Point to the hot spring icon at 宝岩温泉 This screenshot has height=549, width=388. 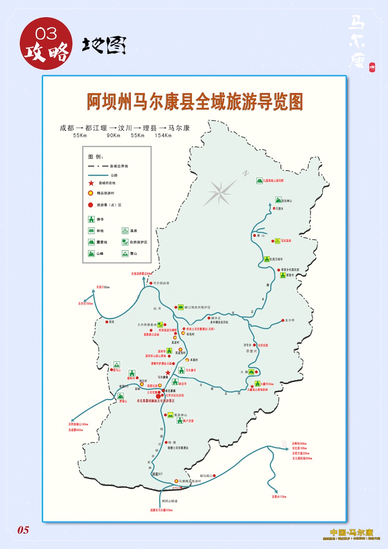point(278,241)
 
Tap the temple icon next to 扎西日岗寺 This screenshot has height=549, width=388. point(267,259)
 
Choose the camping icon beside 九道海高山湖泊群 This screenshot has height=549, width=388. point(260,180)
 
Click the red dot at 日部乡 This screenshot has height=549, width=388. point(274,208)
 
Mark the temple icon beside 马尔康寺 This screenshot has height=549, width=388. point(182,370)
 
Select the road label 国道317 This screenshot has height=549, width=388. point(157,474)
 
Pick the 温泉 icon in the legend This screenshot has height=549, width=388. point(125,231)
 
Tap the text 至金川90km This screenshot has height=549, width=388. point(103,287)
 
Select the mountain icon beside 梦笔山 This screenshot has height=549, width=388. point(121,395)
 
